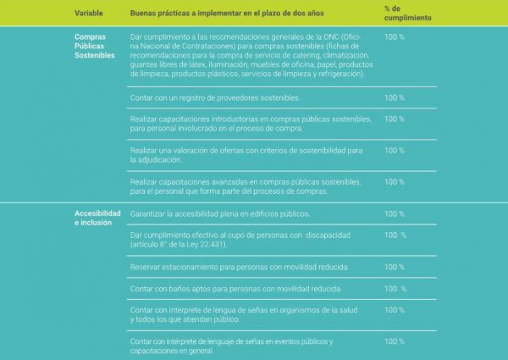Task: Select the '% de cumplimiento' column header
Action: (407, 13)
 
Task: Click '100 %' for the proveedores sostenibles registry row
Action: (394, 97)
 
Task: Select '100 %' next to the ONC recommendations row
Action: (394, 37)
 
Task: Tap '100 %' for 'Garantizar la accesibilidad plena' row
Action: (394, 213)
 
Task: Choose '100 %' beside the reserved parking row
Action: (394, 267)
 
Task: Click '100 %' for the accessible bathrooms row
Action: (395, 289)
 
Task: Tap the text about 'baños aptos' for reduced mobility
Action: (236, 289)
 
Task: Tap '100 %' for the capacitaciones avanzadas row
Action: (394, 181)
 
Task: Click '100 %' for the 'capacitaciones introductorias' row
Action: (394, 119)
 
